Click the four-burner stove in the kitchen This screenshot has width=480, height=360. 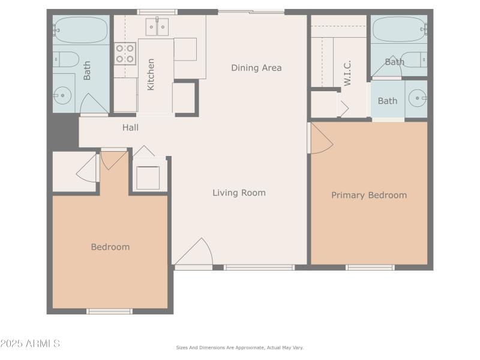tap(125, 53)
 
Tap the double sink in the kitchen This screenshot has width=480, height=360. tap(158, 26)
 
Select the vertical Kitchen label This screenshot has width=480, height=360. tap(151, 74)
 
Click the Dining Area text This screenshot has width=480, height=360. tap(256, 68)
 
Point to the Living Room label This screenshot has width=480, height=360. tap(239, 193)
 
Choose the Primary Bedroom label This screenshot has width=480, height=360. tap(369, 195)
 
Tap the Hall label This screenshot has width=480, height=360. tap(130, 127)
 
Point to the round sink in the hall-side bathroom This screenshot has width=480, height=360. tap(62, 94)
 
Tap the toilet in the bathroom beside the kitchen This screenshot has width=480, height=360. tap(67, 59)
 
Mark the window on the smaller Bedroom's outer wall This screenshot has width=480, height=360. tap(109, 311)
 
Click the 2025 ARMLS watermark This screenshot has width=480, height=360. tap(30, 344)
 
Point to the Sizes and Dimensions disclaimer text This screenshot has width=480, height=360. tap(239, 347)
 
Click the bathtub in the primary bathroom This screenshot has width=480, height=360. tap(399, 28)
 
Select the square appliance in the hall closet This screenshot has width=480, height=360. tap(148, 178)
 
